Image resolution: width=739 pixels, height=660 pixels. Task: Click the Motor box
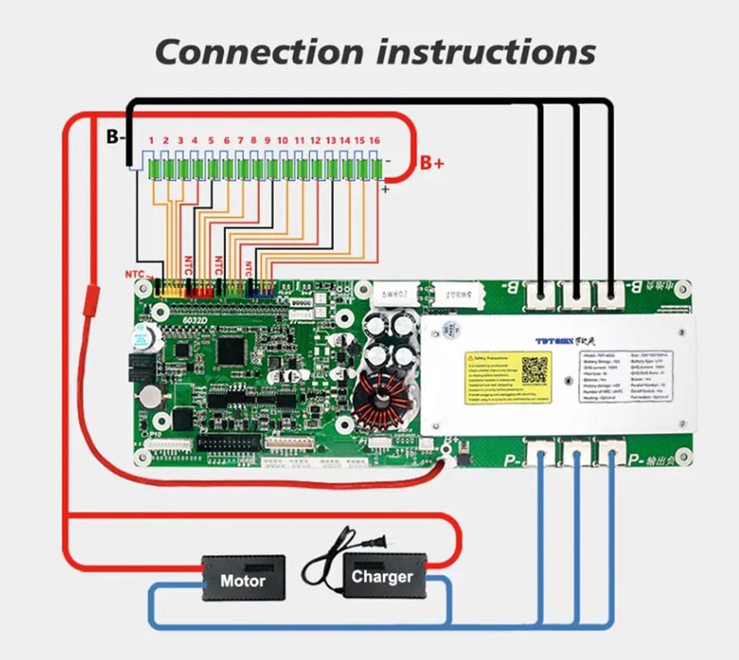click(x=243, y=579)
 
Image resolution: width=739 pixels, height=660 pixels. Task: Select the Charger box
click(x=382, y=576)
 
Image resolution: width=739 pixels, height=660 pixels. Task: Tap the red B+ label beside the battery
click(x=432, y=162)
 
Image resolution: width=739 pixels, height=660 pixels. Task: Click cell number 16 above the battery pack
click(x=374, y=139)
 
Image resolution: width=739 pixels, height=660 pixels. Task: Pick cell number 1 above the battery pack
click(x=151, y=139)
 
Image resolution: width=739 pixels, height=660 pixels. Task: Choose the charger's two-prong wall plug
click(x=373, y=542)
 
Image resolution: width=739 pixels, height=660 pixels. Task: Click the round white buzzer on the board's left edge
click(x=137, y=337)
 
